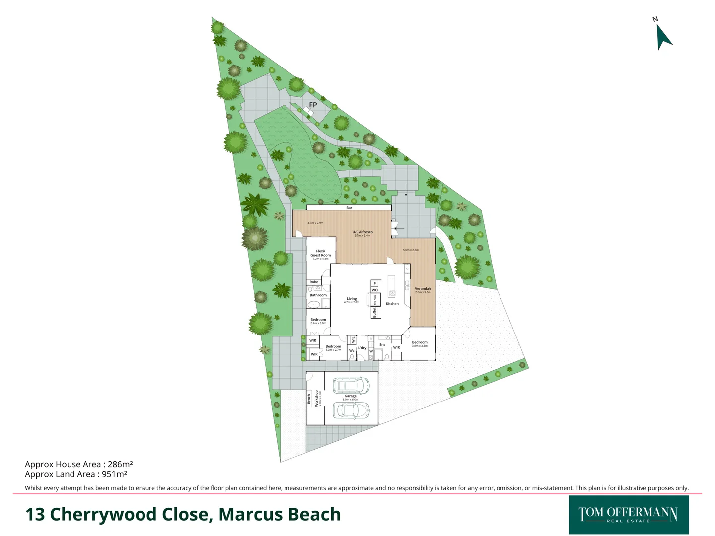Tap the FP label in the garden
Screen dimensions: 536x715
tap(313, 105)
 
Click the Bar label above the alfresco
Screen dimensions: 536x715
tap(349, 208)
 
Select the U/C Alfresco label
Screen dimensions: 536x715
tap(362, 232)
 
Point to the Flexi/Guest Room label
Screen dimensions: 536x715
tap(321, 253)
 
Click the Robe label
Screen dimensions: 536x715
tap(314, 282)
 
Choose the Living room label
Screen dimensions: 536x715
tap(352, 299)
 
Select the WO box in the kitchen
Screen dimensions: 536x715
tap(375, 290)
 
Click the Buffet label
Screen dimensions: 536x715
tap(374, 312)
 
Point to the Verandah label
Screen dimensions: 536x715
tap(423, 289)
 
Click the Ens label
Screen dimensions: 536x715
tap(382, 344)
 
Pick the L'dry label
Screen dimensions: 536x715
tap(362, 348)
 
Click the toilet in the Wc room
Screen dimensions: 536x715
tap(352, 357)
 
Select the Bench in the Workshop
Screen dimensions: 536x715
tap(309, 399)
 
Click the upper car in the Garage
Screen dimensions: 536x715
tap(351, 385)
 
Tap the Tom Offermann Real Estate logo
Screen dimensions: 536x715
tap(628, 515)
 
